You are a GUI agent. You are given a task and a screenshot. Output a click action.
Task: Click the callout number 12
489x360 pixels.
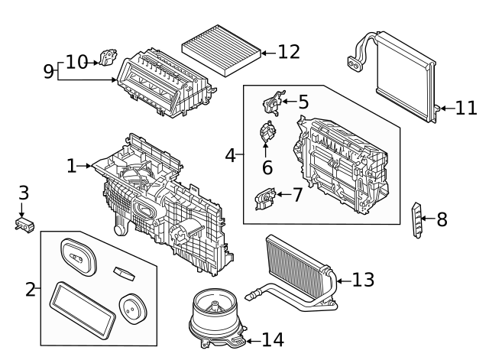point(289,52)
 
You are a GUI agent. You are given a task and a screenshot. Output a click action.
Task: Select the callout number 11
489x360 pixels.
point(466,108)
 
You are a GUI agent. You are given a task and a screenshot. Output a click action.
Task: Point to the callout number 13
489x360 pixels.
point(364,280)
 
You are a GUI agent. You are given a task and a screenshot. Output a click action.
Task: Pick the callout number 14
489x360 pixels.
point(273,339)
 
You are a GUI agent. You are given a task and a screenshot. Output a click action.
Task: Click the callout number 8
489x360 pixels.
point(442,220)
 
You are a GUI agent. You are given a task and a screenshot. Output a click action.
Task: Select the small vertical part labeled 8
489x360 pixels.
point(417,219)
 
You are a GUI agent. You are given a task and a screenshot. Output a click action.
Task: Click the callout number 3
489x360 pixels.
point(23,193)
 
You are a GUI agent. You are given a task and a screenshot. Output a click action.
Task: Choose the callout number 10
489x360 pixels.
point(76,62)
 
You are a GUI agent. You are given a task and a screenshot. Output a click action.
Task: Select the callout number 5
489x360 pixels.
point(303,102)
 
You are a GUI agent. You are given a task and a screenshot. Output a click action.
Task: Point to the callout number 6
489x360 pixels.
point(267,167)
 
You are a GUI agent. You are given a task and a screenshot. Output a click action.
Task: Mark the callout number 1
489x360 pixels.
point(72,165)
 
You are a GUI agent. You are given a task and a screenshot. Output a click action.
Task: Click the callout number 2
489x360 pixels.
point(31,290)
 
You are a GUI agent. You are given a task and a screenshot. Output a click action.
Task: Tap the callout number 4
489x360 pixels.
point(230,155)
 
